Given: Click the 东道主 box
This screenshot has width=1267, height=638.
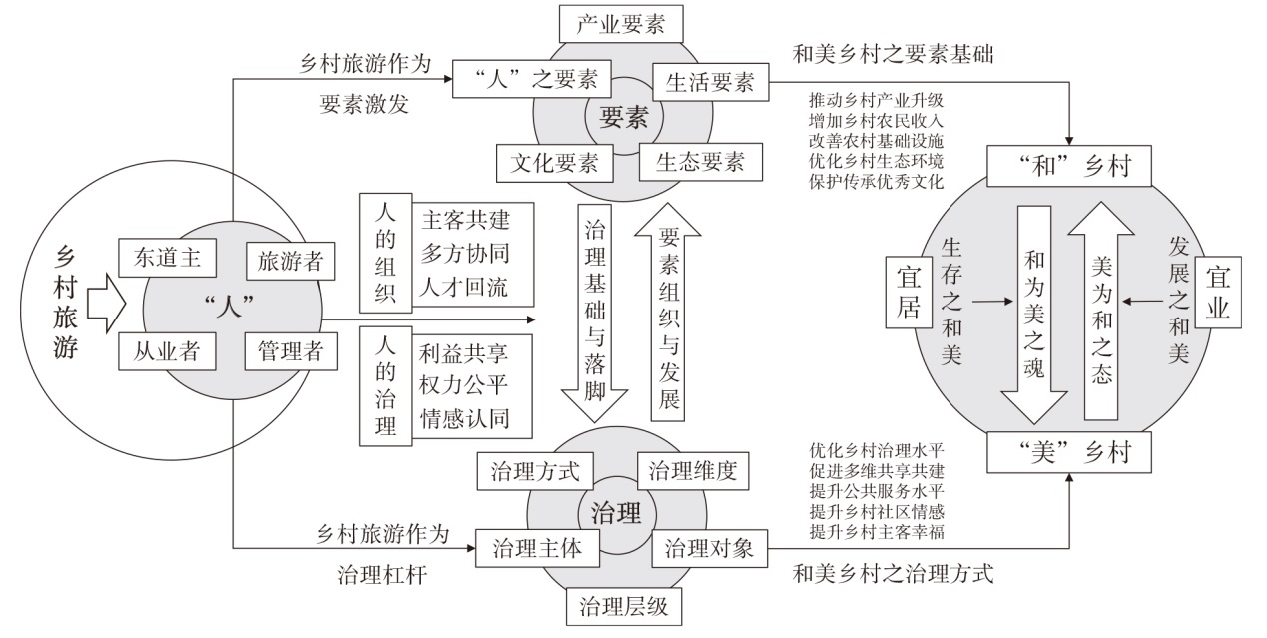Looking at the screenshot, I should coord(169,258).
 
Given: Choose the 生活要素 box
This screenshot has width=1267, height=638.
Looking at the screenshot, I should coord(710,82).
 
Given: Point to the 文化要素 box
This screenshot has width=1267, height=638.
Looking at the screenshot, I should coord(554,160).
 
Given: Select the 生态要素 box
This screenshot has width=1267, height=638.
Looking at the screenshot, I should coord(700,160).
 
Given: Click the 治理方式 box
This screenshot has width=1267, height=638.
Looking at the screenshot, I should coord(535,471).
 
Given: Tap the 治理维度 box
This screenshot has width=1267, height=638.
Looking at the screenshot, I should coord(693,471).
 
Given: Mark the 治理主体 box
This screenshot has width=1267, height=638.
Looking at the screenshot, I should coord(535,548).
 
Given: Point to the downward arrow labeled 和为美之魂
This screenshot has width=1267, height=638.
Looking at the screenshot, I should coord(1033,318).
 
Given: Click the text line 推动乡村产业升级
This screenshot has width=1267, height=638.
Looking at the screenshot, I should coord(877,100).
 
